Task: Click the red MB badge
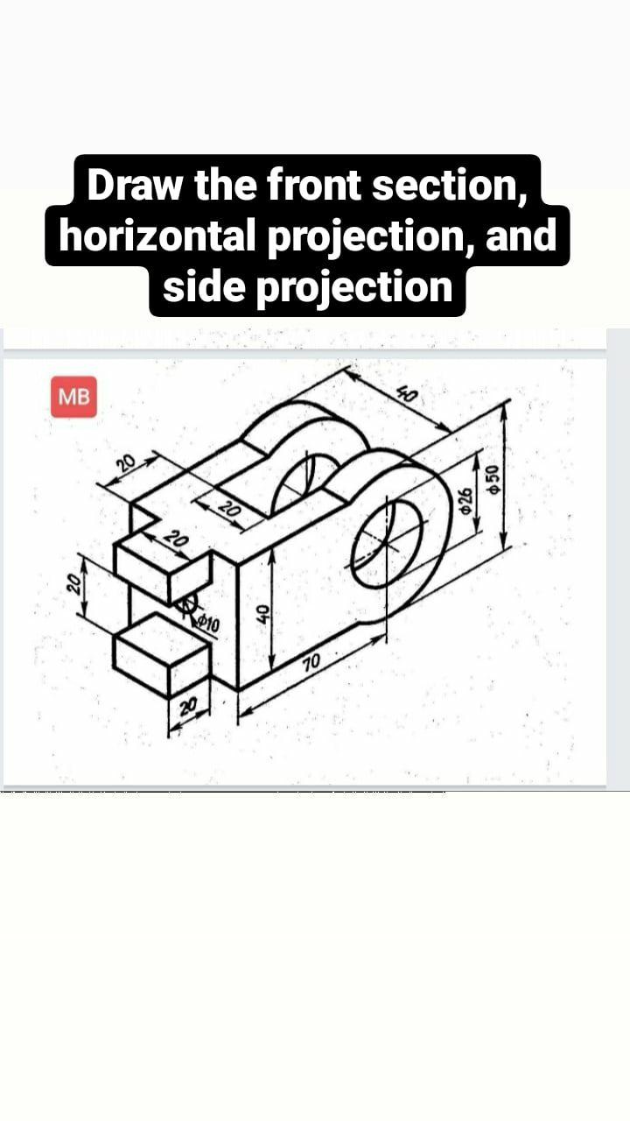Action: pos(73,396)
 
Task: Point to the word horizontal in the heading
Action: pos(157,236)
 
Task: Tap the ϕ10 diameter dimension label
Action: pos(209,624)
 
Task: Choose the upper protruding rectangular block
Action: pos(162,568)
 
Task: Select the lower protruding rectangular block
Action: pos(162,655)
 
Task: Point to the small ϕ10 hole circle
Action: pos(185,605)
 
